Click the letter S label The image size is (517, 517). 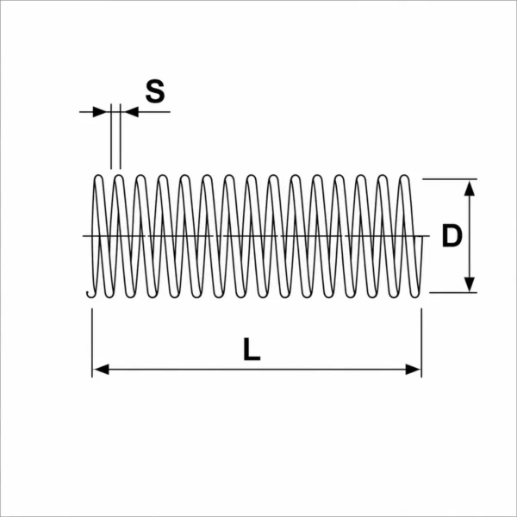pyautogui.click(x=155, y=91)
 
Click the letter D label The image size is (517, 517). pyautogui.click(x=452, y=235)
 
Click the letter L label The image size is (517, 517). pyautogui.click(x=252, y=349)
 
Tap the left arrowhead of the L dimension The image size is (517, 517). pyautogui.click(x=101, y=370)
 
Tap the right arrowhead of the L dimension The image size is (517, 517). pyautogui.click(x=413, y=370)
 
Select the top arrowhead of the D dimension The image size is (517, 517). pyautogui.click(x=470, y=188)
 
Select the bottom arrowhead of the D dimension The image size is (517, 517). pyautogui.click(x=470, y=284)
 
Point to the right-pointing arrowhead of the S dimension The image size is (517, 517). pyautogui.click(x=100, y=112)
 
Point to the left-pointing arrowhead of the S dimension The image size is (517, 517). pyautogui.click(x=131, y=112)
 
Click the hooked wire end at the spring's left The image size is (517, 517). pyautogui.click(x=90, y=296)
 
